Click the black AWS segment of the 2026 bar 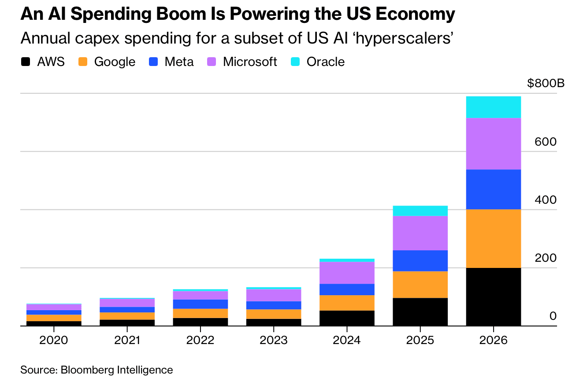tap(494, 297)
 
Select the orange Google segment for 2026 tap(494, 239)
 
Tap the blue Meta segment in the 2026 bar tap(494, 190)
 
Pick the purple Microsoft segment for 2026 tap(494, 144)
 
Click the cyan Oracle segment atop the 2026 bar tap(494, 107)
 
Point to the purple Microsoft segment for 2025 tap(420, 233)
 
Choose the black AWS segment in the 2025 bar tap(420, 312)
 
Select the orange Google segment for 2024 tap(347, 303)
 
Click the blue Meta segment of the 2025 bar tap(420, 260)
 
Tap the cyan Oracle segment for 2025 tap(420, 211)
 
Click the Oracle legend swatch tap(295, 62)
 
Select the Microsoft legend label tap(250, 62)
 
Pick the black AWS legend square tap(25, 62)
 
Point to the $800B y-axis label tap(546, 83)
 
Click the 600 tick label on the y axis tap(546, 142)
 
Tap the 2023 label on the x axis tap(274, 340)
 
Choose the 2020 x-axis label tap(54, 340)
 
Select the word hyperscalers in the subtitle tap(401, 39)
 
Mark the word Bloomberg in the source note tap(87, 370)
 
